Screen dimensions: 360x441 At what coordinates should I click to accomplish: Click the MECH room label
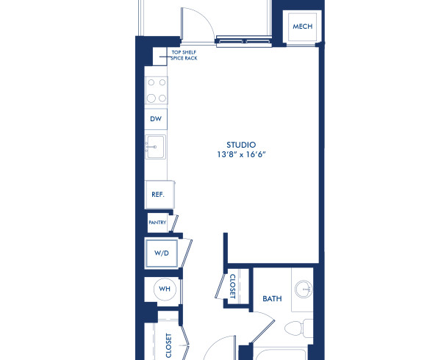(x=302, y=26)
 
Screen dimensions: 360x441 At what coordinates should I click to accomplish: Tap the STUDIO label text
(x=240, y=144)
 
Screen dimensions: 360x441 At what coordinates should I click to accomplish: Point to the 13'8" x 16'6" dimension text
(x=240, y=155)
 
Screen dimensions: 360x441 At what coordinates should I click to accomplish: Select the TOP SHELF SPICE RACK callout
(x=184, y=55)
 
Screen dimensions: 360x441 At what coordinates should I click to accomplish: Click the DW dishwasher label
(x=156, y=118)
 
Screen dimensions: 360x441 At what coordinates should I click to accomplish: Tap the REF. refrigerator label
(x=157, y=195)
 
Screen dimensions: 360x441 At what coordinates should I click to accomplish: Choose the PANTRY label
(x=157, y=222)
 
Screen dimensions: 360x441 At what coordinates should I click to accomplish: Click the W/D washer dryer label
(x=161, y=253)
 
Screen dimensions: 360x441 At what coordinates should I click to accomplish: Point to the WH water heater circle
(x=165, y=289)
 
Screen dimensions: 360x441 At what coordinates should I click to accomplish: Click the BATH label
(x=273, y=298)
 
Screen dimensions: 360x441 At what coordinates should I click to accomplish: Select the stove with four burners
(x=156, y=90)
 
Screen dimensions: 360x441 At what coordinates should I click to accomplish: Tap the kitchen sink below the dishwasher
(x=155, y=147)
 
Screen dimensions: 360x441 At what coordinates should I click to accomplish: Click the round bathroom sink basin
(x=302, y=289)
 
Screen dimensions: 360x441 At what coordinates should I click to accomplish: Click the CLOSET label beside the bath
(x=232, y=286)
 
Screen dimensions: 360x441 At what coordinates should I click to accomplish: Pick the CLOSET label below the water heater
(x=168, y=345)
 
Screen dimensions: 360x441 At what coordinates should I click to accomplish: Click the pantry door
(x=172, y=222)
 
